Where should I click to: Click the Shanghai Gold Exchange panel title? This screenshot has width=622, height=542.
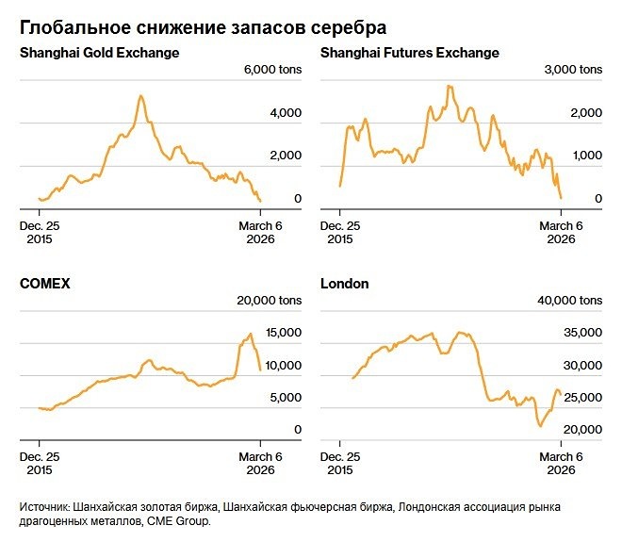[x=99, y=53]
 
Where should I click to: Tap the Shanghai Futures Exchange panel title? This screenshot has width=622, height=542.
[x=409, y=53]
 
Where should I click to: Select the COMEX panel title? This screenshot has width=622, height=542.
[x=45, y=283]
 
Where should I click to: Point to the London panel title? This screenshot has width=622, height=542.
[x=344, y=283]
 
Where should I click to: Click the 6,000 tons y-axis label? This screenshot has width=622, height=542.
[x=272, y=71]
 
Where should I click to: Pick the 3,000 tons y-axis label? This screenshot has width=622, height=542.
[x=573, y=71]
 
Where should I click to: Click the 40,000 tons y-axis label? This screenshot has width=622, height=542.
[x=570, y=301]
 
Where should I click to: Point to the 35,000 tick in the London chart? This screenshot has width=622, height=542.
[x=581, y=333]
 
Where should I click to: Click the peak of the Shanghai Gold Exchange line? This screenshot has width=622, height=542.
[x=140, y=95]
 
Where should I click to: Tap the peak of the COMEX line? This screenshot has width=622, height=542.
[x=250, y=334]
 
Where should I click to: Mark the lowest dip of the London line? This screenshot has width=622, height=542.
[x=541, y=426]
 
